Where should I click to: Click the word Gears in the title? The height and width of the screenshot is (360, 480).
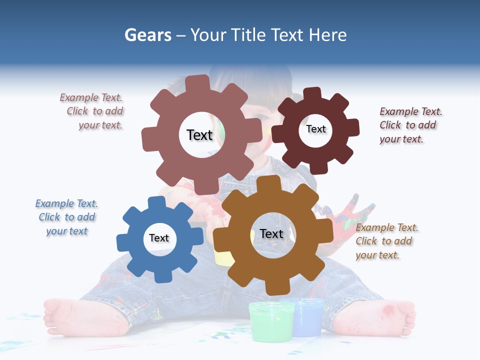(147, 35)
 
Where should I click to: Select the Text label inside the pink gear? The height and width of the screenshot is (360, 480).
(199, 135)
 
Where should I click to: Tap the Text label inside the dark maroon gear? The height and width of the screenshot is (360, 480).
(315, 129)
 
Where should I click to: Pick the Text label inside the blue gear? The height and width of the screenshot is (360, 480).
(158, 238)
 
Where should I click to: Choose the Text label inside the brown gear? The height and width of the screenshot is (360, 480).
(271, 233)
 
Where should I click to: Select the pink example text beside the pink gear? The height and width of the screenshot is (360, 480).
(92, 111)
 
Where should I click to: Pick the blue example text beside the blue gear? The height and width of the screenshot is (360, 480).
(66, 217)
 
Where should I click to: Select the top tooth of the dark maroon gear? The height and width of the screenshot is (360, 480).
(312, 94)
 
